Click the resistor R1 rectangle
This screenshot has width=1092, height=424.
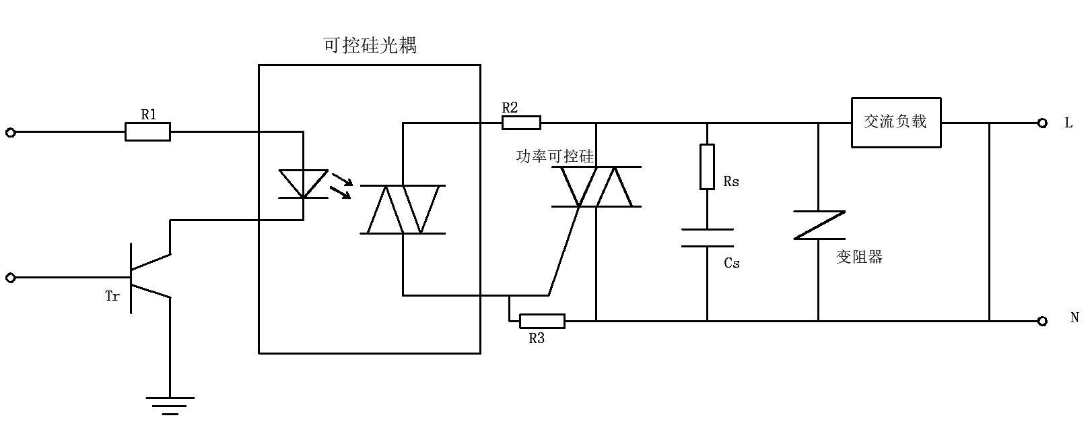[147, 131]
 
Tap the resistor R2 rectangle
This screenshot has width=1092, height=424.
[520, 122]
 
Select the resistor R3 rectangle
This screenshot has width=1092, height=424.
[542, 321]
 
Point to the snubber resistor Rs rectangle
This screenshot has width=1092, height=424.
[707, 166]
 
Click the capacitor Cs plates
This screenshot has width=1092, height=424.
[707, 238]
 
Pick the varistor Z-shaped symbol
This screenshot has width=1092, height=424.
[819, 225]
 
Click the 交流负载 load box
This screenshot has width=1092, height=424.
[895, 122]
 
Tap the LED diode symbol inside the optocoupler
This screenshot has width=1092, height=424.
[303, 184]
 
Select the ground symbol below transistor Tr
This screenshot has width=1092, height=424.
[170, 405]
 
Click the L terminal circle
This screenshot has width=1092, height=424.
[1042, 123]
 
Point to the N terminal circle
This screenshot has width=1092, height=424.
[1042, 321]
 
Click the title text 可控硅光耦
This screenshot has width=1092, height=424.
[370, 45]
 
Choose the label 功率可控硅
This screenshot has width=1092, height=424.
[555, 156]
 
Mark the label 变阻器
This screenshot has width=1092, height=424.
[859, 257]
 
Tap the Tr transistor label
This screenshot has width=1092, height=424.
[112, 296]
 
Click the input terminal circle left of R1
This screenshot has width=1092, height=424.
[10, 133]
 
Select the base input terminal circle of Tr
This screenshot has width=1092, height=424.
[10, 278]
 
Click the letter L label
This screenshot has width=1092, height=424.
[1068, 123]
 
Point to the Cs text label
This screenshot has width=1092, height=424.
[732, 263]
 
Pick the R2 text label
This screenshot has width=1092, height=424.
[510, 107]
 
